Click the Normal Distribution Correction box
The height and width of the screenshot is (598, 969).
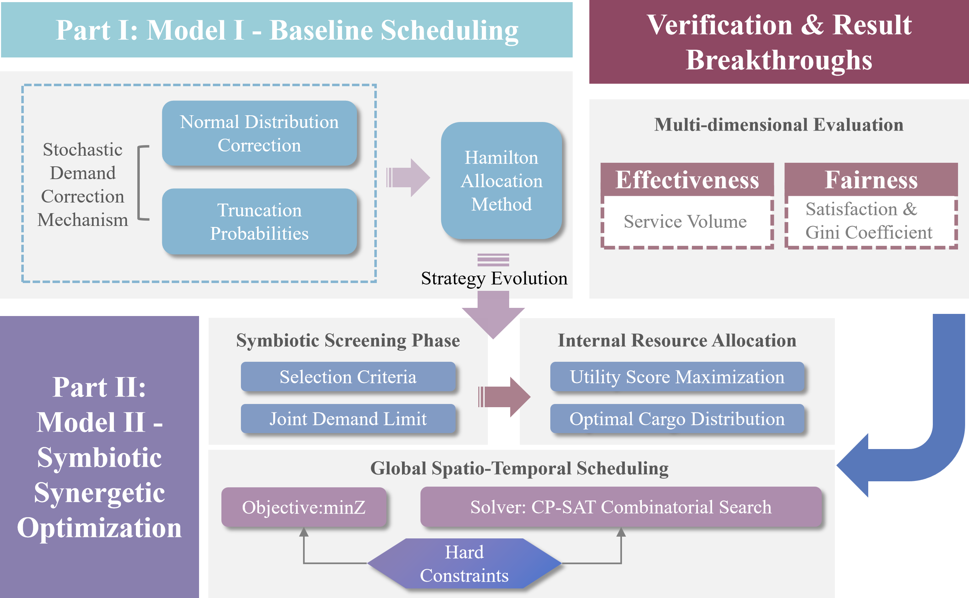259,133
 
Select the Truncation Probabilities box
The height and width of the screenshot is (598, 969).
259,221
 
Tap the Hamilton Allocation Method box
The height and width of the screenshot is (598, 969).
501,181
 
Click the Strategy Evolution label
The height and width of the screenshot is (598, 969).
494,278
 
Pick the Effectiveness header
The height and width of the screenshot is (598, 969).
687,180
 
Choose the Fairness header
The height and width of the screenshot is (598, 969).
871,180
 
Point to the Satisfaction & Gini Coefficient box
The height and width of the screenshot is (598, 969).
870,221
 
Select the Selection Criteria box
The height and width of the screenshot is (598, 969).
348,377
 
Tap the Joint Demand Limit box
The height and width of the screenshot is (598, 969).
348,419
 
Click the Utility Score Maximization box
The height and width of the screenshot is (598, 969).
677,377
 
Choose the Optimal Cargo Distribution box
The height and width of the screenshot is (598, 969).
677,419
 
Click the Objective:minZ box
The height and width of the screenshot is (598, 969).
303,507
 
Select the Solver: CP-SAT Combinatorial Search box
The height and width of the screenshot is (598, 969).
621,507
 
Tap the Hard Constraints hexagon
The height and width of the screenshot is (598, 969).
464,563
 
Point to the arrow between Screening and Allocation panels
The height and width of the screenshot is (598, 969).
505,397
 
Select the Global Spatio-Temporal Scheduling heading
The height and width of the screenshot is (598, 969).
519,468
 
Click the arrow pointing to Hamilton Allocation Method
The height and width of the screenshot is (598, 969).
408,178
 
